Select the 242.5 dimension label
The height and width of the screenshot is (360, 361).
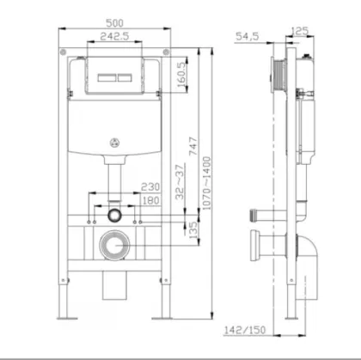pyautogui.click(x=112, y=39)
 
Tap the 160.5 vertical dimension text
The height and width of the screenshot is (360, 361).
pyautogui.click(x=181, y=75)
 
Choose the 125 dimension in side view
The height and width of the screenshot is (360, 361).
pyautogui.click(x=300, y=31)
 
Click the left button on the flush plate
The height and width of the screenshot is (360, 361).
pyautogui.click(x=101, y=76)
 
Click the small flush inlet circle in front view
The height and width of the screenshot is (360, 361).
pyautogui.click(x=113, y=212)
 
